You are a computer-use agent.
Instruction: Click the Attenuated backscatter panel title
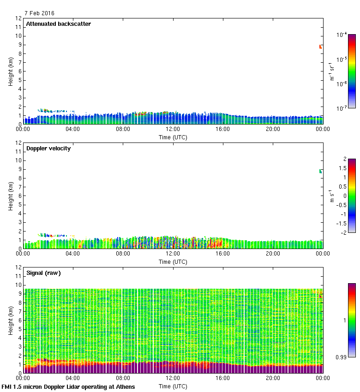coord(59,24)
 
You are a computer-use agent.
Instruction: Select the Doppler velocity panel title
coord(48,148)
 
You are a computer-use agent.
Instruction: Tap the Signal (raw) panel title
coord(43,273)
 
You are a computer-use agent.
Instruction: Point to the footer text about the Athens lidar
coord(68,386)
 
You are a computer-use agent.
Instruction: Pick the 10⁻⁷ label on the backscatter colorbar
coord(342,108)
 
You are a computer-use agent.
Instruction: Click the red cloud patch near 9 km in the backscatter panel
coord(320,47)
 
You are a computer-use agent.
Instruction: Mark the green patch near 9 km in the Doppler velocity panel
coord(320,171)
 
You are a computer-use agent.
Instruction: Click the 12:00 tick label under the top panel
coord(173,130)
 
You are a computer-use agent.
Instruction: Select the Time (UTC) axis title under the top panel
coord(173,137)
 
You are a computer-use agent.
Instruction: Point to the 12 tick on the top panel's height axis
coord(19,18)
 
